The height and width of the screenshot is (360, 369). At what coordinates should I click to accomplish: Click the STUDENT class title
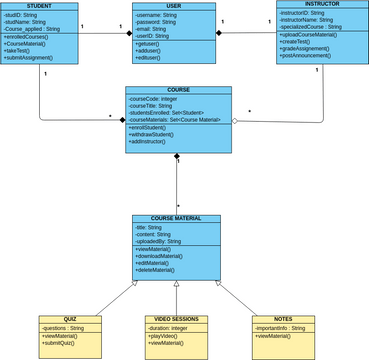40,7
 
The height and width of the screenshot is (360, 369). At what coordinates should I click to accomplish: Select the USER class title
173,7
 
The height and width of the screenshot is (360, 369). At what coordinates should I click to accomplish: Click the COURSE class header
178,89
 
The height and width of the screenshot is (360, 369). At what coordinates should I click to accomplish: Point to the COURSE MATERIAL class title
176,218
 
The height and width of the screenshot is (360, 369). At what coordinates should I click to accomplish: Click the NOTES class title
283,319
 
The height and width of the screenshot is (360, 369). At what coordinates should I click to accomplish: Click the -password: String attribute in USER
158,22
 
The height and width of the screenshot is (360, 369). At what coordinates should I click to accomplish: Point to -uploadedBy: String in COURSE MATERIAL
158,241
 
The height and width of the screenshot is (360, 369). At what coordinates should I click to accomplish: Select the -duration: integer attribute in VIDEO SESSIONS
169,328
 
